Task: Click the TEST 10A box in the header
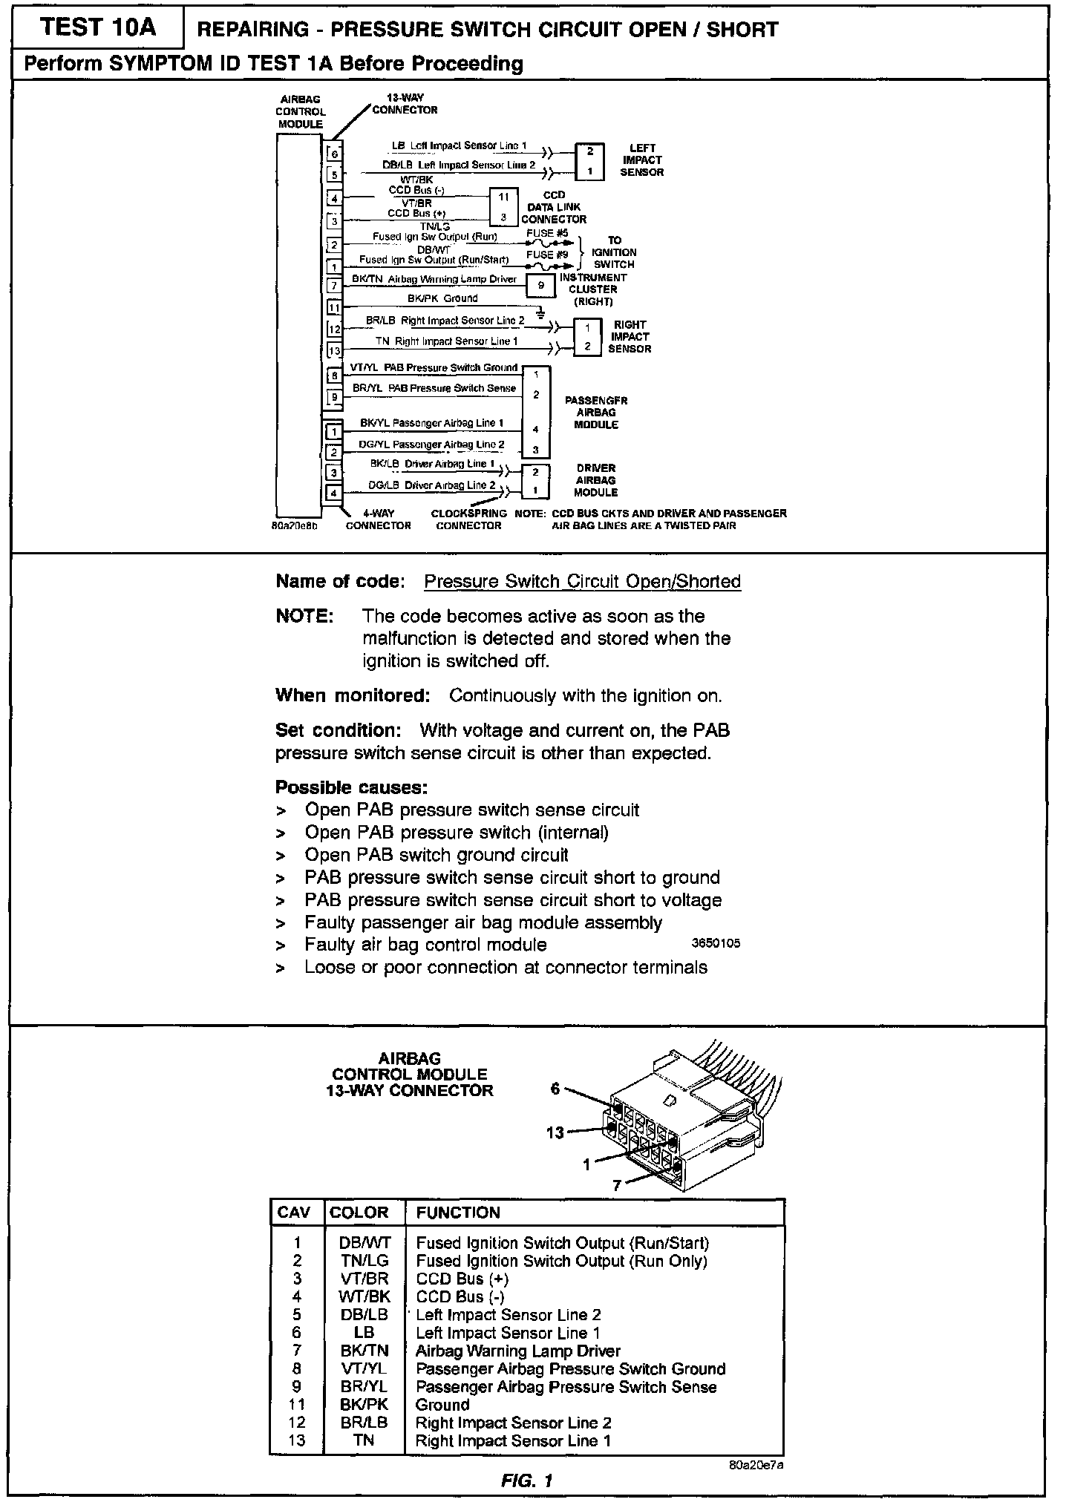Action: coord(99,28)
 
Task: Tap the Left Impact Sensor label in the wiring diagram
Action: coord(641,160)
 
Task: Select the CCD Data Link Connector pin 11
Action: coord(503,197)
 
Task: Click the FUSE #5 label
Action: coord(547,233)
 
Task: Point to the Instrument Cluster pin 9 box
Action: coord(541,285)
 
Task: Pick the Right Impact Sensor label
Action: coord(630,337)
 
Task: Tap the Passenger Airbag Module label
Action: coord(596,413)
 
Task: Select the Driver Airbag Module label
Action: coord(595,480)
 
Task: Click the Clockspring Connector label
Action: coord(468,519)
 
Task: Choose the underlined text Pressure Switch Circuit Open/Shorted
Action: coord(582,582)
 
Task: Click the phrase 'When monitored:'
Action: coord(353,696)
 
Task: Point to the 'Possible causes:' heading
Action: coord(351,787)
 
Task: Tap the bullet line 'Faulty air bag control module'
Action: coord(425,945)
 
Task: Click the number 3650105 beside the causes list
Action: coord(716,944)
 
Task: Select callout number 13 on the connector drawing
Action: coord(555,1133)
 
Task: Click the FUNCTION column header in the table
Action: coord(458,1213)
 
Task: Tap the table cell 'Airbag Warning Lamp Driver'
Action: coord(517,1351)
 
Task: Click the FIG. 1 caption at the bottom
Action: coord(526,1481)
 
